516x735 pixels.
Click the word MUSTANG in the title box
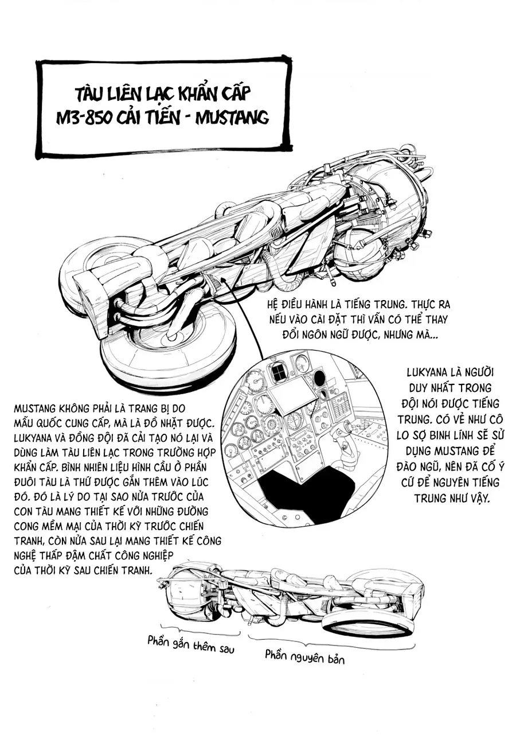(232, 116)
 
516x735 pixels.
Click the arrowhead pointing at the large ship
(224, 279)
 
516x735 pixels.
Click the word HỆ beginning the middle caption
(273, 305)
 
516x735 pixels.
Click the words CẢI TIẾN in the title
(151, 116)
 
